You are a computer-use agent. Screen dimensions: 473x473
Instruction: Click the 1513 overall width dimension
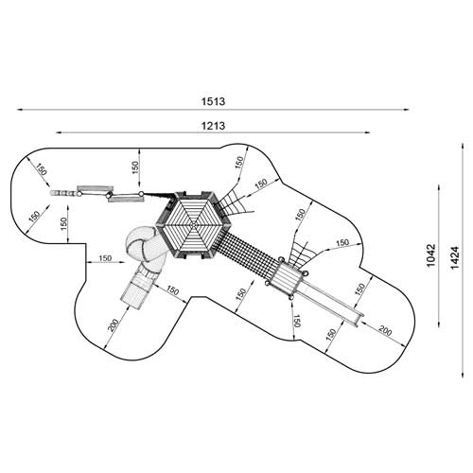pos(213,101)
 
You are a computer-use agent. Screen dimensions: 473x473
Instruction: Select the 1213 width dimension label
pos(213,126)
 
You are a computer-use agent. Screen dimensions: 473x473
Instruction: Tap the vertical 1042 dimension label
pos(430,255)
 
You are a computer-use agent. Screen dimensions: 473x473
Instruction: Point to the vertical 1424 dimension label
pos(454,257)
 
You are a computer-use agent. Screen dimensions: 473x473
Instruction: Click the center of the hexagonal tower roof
pos(194,225)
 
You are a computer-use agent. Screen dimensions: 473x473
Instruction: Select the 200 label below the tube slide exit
pos(114,325)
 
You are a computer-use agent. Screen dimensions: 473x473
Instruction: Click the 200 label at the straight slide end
pos(385,331)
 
